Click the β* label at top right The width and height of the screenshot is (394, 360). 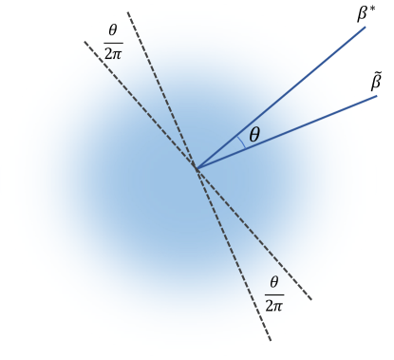point(365,12)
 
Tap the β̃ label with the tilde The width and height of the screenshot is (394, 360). point(376,83)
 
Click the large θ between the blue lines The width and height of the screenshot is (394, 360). point(253,136)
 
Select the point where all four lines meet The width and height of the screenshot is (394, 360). point(197,168)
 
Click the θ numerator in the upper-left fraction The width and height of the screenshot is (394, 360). point(112,30)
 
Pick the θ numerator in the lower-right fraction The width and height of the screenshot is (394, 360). point(274,282)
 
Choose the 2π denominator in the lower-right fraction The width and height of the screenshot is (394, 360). point(274,304)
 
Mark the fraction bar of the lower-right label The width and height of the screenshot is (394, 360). point(274,293)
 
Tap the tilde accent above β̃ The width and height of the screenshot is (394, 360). point(376,73)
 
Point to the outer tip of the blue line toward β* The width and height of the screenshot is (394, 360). point(366,27)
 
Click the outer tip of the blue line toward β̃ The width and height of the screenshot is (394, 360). point(377,96)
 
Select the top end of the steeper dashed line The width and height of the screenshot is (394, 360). point(127,12)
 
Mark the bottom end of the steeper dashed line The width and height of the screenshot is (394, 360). point(272,341)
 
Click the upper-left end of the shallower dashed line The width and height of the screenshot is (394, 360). point(84,42)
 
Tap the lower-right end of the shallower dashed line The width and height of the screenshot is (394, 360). point(311,300)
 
